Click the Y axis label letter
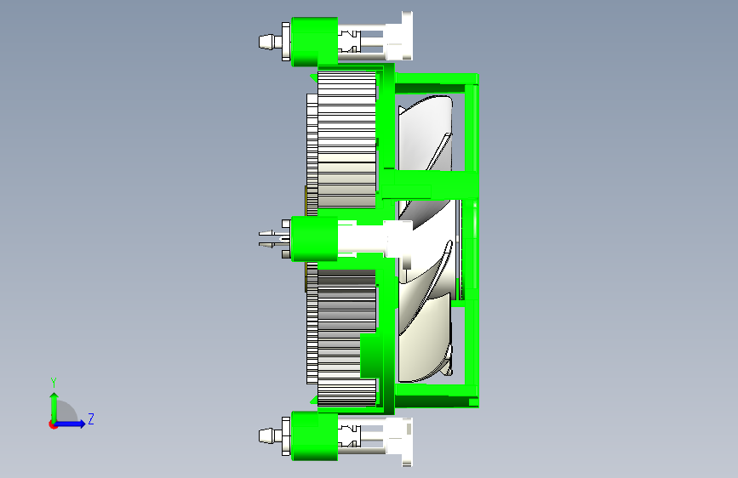point(54,382)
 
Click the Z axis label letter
point(91,418)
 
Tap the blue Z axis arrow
point(69,424)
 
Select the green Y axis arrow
point(54,408)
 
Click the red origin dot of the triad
point(53,424)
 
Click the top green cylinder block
point(314,42)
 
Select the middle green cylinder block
point(314,238)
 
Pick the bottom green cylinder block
point(314,436)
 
